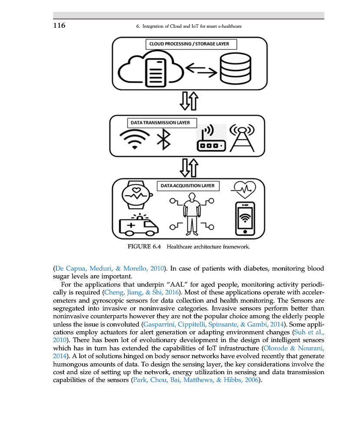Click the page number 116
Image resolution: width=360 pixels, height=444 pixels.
59,26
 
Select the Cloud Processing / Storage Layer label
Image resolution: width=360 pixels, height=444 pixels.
189,44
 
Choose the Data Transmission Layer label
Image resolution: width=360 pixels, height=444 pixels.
160,123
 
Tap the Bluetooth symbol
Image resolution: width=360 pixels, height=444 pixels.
164,139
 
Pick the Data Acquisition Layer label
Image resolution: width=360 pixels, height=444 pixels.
187,186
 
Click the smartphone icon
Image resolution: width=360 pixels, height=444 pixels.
245,219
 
